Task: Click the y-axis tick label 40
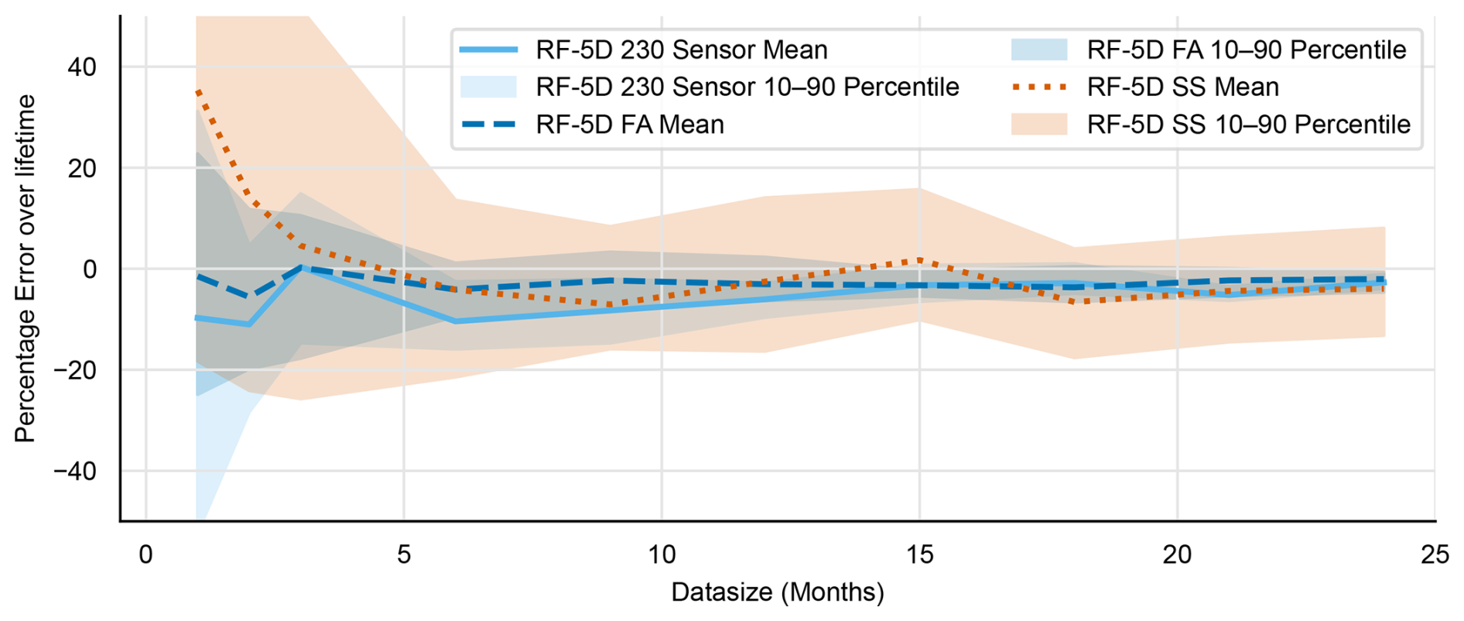[x=81, y=67]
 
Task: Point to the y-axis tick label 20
[x=81, y=168]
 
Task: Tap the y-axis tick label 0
[x=90, y=269]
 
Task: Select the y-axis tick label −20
[x=74, y=370]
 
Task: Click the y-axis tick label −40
[x=74, y=471]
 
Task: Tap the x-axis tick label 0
[x=145, y=554]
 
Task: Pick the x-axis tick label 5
[x=404, y=554]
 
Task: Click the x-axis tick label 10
[x=662, y=554]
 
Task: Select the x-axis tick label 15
[x=919, y=554]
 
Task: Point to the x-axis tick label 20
[x=1177, y=554]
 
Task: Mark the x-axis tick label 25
[x=1435, y=554]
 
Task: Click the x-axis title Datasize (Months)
[x=777, y=592]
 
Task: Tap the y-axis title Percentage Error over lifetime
[x=26, y=269]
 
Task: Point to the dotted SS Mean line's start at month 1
[x=197, y=92]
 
